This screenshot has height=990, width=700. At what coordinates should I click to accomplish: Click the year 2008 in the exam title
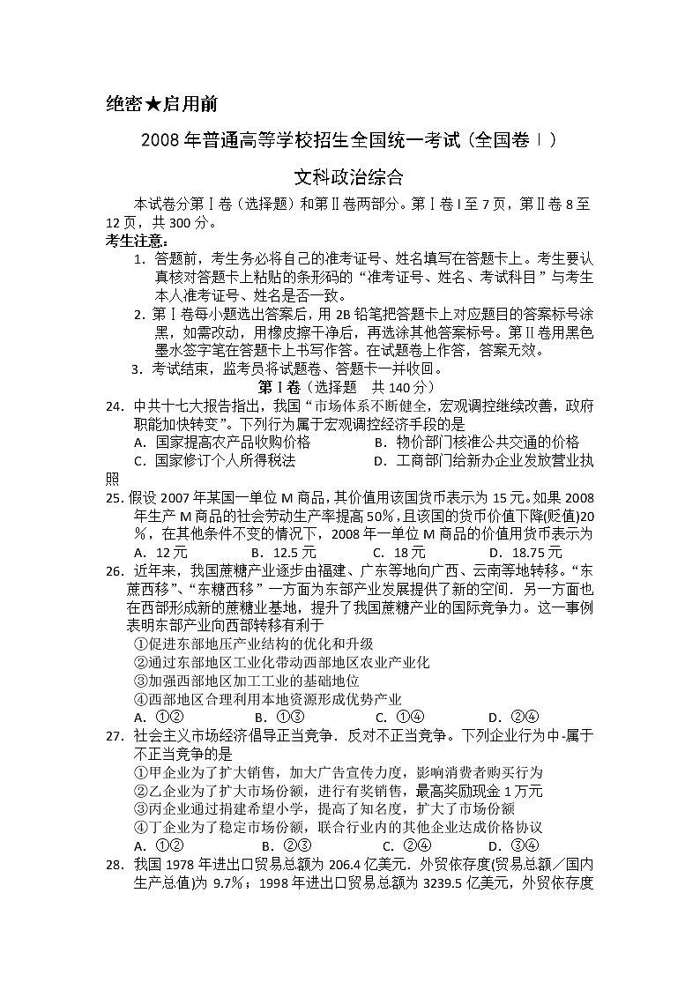click(161, 141)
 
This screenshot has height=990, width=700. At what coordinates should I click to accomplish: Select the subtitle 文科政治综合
click(349, 176)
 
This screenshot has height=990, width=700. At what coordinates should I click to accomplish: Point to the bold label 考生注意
click(135, 241)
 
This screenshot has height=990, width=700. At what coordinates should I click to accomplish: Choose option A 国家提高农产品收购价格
click(222, 442)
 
